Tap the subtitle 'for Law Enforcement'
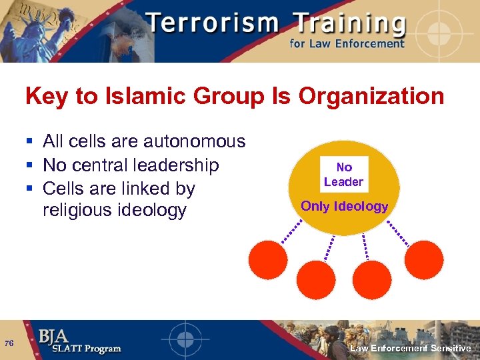[347, 44]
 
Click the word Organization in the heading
[371, 97]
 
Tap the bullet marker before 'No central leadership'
[29, 165]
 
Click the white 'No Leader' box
[343, 175]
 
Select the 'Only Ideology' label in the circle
[344, 206]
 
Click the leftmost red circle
[268, 259]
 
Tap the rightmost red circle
[423, 259]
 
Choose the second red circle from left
[316, 279]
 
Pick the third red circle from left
[371, 279]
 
